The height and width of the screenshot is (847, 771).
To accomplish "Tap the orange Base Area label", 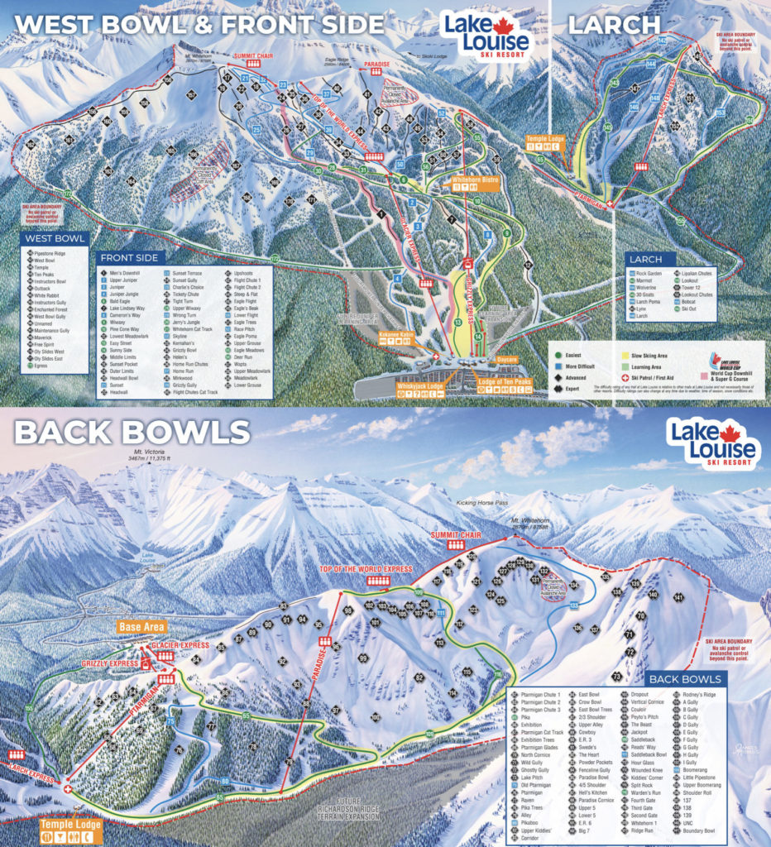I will click(x=142, y=627).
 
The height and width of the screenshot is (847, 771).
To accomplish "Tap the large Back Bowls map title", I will click(x=131, y=431).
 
